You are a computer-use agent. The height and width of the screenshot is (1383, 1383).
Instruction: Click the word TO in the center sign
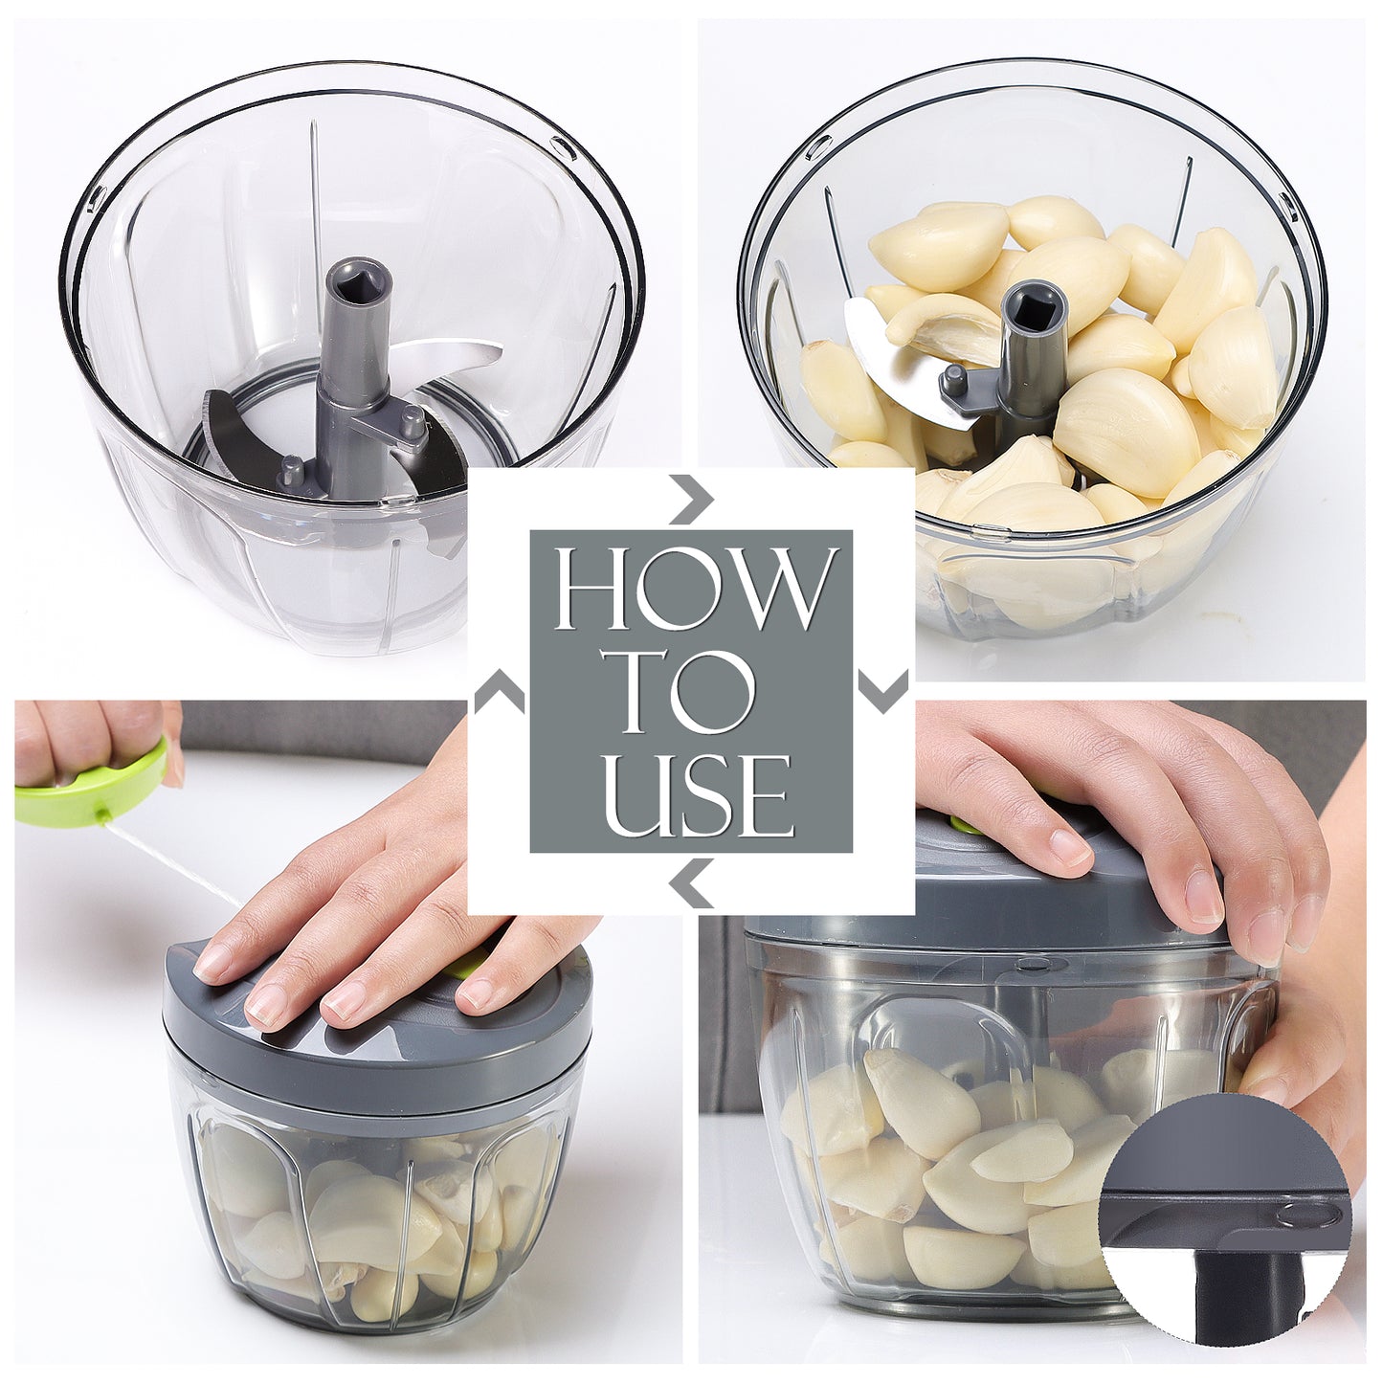pyautogui.click(x=691, y=691)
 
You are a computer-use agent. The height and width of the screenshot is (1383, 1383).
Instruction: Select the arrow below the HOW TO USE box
pyautogui.click(x=691, y=882)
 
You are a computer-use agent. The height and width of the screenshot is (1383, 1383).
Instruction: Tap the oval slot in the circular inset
pyautogui.click(x=1306, y=1215)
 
